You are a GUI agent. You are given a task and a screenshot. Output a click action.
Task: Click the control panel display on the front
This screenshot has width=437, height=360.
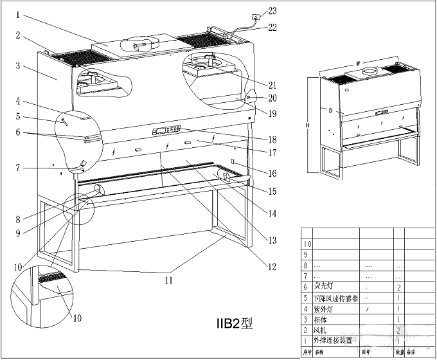point(166,129)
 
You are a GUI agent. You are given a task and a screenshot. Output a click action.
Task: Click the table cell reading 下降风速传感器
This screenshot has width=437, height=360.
point(335,298)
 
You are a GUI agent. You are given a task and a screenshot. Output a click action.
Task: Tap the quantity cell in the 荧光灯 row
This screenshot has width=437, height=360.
point(399,287)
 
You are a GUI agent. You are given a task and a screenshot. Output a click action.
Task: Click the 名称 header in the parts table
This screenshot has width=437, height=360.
point(319,352)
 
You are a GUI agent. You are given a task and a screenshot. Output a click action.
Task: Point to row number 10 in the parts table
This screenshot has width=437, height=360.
point(307,244)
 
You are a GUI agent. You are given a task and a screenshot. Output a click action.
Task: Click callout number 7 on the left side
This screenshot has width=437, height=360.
point(18,168)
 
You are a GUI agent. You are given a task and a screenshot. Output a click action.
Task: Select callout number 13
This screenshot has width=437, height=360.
point(273,240)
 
